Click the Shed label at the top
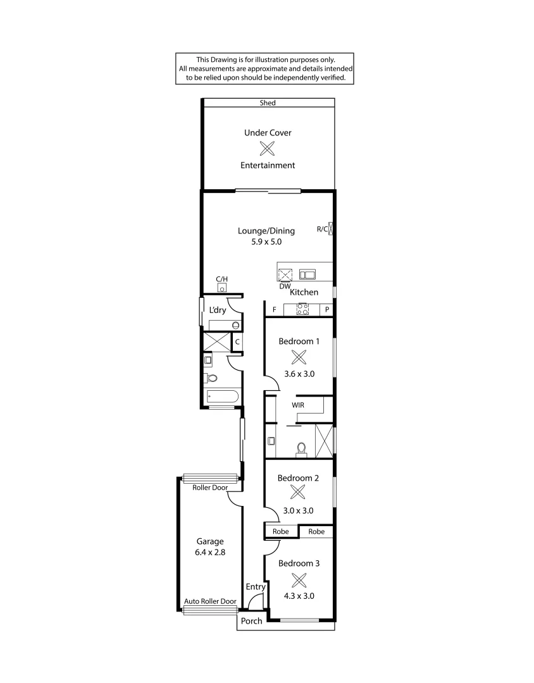click(x=268, y=102)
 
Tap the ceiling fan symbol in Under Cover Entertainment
click(x=268, y=149)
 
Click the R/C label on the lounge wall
click(x=321, y=229)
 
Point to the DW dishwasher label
click(x=284, y=286)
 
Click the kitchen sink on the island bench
click(x=307, y=274)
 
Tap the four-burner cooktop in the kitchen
click(x=302, y=310)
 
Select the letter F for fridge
click(x=274, y=310)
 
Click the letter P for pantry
click(x=326, y=310)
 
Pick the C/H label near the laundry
click(x=221, y=279)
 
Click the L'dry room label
click(x=218, y=310)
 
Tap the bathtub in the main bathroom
click(x=222, y=397)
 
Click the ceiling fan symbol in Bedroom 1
click(x=299, y=357)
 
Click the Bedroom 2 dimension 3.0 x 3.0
click(x=299, y=510)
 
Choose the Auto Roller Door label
click(x=210, y=601)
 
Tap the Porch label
click(x=251, y=621)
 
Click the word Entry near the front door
click(x=256, y=587)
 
